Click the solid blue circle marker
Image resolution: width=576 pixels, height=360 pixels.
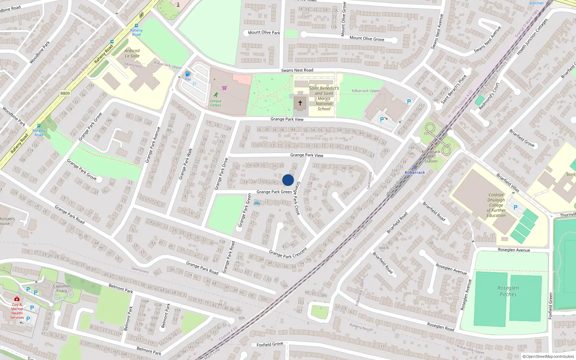pyautogui.click(x=288, y=180)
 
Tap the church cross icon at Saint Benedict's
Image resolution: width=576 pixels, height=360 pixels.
pyautogui.click(x=300, y=103)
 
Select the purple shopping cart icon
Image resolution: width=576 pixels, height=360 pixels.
pyautogui.click(x=225, y=88)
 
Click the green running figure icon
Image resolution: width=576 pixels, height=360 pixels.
pyautogui.click(x=216, y=95)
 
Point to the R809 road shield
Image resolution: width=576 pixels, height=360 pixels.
pyautogui.click(x=65, y=94)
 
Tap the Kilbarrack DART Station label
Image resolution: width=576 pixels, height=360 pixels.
pyautogui.click(x=431, y=157)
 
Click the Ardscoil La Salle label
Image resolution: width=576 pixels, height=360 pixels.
pyautogui.click(x=132, y=53)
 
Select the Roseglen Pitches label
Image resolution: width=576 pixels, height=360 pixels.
pyautogui.click(x=508, y=291)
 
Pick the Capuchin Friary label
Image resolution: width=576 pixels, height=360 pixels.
pyautogui.click(x=62, y=288)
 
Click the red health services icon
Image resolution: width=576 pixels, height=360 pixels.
pyautogui.click(x=17, y=299)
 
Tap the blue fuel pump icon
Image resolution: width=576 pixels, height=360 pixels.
pyautogui.click(x=188, y=74)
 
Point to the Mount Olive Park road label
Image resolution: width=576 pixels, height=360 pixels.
pyautogui.click(x=264, y=32)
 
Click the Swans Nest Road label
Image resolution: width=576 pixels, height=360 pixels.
pyautogui.click(x=297, y=70)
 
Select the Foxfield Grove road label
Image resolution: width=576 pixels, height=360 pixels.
pyautogui.click(x=270, y=345)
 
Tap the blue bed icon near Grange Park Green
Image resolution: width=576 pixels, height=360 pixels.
pyautogui.click(x=257, y=203)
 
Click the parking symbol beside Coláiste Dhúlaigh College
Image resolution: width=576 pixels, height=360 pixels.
pyautogui.click(x=515, y=207)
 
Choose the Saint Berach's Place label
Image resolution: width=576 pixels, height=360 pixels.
pyautogui.click(x=454, y=89)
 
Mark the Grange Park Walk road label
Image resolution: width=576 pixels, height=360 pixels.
pyautogui.click(x=186, y=164)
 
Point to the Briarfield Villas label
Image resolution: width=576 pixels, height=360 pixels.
pyautogui.click(x=508, y=183)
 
